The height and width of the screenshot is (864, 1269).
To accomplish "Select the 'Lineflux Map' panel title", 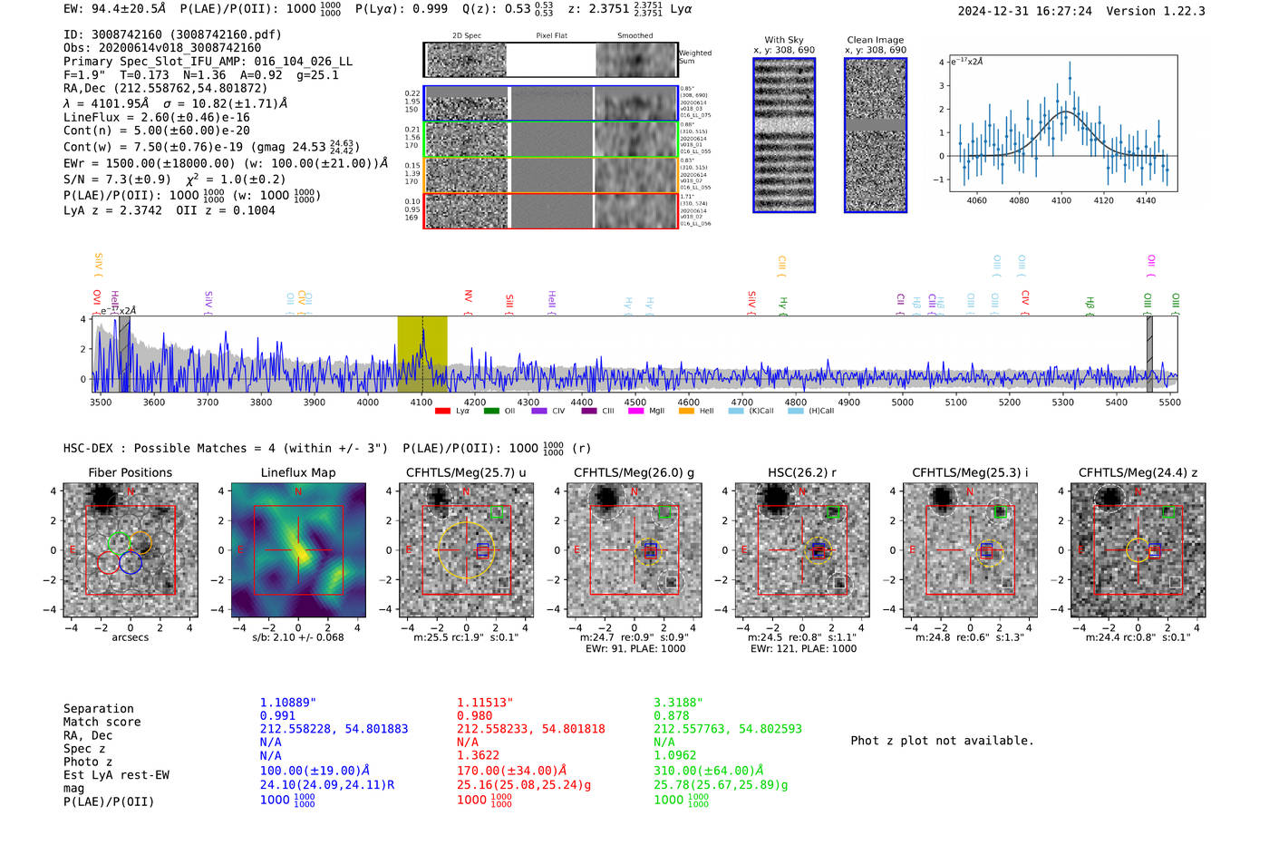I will point(298,472).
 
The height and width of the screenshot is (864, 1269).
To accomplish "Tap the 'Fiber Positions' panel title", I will point(130,472).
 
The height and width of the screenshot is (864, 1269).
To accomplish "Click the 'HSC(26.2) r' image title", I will point(801,472).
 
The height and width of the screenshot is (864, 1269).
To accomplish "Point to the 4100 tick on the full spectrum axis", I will point(421,403).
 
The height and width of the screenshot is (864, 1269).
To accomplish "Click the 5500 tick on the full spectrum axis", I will point(1169,403).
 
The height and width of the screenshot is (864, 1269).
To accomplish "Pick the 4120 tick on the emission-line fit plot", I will point(1103,200).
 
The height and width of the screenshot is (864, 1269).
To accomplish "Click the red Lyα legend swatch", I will point(442,412).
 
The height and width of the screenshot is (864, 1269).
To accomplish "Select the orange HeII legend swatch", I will point(686,412).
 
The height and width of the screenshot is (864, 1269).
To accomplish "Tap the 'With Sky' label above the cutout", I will point(784,40).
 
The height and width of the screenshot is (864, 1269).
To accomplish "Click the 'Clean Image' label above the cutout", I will point(875,40).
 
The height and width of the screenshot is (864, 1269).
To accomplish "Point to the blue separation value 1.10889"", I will point(288,703).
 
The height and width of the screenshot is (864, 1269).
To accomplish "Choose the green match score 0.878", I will point(672,716).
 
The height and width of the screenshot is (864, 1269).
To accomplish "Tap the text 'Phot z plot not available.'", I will point(942,741).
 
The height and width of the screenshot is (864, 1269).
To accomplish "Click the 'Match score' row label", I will point(102,723).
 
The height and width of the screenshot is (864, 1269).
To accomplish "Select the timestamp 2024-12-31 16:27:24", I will point(1024,11).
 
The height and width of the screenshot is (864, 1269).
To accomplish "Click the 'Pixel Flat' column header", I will point(551,36).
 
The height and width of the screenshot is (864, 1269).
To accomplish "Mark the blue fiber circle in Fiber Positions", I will point(131,562).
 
